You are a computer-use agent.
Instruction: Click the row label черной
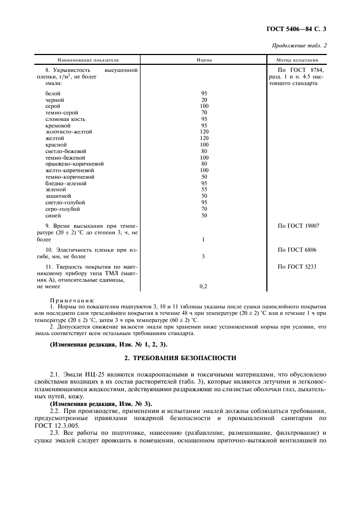click(x=54, y=100)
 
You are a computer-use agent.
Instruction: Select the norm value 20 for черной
click(x=204, y=100)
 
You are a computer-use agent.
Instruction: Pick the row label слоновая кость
click(x=65, y=119)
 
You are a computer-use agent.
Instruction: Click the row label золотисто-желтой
click(x=69, y=132)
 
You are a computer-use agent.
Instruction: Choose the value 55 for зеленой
click(x=204, y=189)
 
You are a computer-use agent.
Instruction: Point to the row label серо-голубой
click(x=63, y=209)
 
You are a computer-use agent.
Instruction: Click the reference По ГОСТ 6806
click(x=297, y=250)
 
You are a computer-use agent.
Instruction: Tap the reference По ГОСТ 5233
click(x=297, y=266)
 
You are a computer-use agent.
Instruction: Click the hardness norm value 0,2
click(x=204, y=286)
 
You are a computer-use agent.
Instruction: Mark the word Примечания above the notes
click(x=72, y=300)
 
